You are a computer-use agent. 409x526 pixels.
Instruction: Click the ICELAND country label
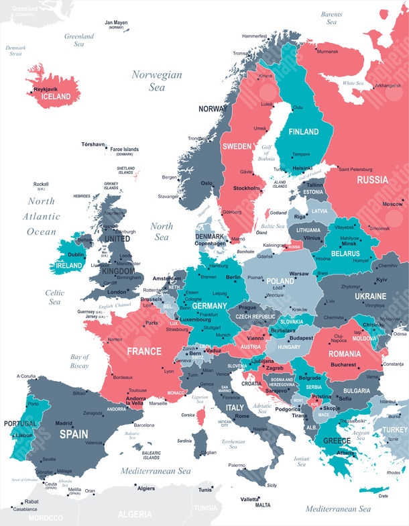point(56,97)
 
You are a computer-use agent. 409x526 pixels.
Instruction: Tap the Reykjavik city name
point(46,89)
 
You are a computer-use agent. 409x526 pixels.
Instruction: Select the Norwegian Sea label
point(156,81)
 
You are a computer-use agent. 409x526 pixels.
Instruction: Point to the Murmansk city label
point(327,51)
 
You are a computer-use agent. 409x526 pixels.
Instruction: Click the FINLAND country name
point(303,132)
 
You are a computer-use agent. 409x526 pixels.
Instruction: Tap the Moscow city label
point(392,203)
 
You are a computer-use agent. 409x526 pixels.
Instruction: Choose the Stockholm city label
point(247,189)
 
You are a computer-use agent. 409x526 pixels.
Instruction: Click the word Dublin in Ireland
point(76,255)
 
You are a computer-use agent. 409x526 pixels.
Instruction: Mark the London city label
point(117,293)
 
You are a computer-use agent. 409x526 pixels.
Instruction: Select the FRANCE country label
point(144,351)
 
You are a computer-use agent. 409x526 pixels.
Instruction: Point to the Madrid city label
point(64,423)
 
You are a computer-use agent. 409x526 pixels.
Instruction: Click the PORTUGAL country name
point(20,424)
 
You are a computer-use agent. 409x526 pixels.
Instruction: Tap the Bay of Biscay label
point(79,362)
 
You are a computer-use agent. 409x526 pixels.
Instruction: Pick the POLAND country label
point(280,281)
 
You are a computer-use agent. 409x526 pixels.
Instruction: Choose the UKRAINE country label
point(369,296)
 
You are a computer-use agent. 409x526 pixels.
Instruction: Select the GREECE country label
point(337,441)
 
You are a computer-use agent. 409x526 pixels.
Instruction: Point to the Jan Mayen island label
point(116,22)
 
